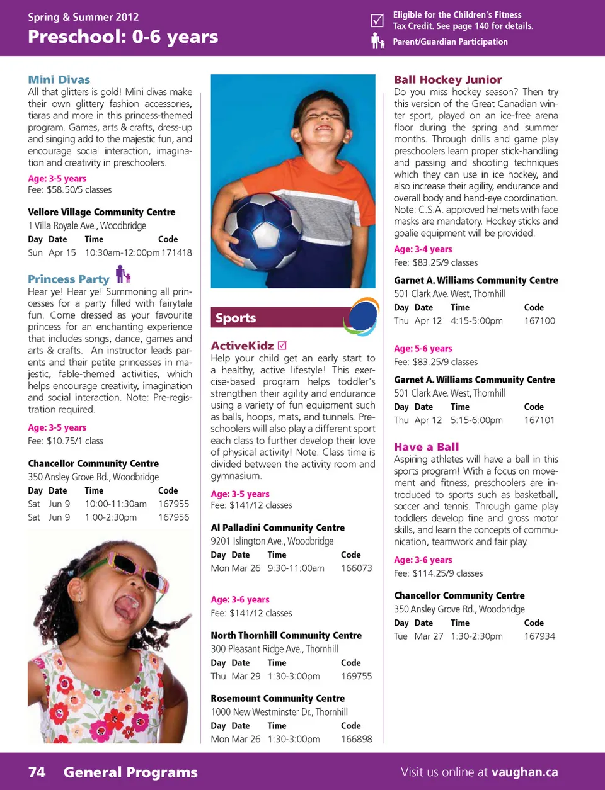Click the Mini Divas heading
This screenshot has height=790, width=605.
point(59,80)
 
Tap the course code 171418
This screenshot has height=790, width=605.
point(176,252)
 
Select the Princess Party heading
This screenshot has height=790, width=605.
point(68,279)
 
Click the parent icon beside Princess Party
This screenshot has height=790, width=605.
point(123,274)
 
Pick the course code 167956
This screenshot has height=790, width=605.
point(173,517)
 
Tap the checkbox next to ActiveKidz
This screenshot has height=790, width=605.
point(282,345)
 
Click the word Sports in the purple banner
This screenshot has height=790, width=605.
point(236,318)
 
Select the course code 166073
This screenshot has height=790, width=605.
point(356,568)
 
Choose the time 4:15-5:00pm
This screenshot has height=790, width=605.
point(476,320)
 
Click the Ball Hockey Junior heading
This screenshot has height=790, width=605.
point(447,80)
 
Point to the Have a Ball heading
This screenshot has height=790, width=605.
point(426,447)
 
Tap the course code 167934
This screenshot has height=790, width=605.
point(539,636)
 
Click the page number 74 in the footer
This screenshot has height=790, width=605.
point(37,772)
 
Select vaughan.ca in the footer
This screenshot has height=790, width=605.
point(524,772)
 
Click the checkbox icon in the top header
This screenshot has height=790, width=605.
point(377,20)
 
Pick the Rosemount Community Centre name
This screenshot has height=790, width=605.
point(277,698)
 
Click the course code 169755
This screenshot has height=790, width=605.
point(356,676)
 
